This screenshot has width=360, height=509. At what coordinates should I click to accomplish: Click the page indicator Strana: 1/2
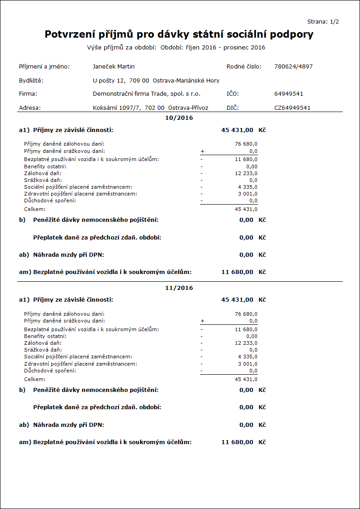click(x=323, y=21)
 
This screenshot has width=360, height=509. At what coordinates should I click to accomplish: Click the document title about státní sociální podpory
click(x=179, y=34)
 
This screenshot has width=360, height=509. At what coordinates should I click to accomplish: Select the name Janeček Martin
click(x=113, y=67)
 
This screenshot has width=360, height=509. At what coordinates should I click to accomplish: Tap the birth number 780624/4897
click(x=293, y=67)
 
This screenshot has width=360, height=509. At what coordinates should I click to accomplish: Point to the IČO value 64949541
click(x=289, y=94)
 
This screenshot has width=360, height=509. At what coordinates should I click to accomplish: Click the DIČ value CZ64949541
click(x=292, y=108)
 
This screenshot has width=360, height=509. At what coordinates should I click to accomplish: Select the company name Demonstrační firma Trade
click(x=146, y=94)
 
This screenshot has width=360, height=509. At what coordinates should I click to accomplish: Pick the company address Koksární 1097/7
click(x=150, y=108)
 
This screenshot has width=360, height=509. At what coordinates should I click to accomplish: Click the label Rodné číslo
click(x=244, y=67)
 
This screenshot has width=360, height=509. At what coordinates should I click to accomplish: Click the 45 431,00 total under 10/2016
click(x=237, y=130)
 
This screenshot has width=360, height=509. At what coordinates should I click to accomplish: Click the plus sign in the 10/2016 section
click(x=202, y=151)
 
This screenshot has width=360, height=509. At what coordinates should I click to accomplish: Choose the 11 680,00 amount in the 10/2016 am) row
click(x=237, y=272)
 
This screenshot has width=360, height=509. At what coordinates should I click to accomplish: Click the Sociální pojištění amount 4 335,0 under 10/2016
click(x=246, y=187)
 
